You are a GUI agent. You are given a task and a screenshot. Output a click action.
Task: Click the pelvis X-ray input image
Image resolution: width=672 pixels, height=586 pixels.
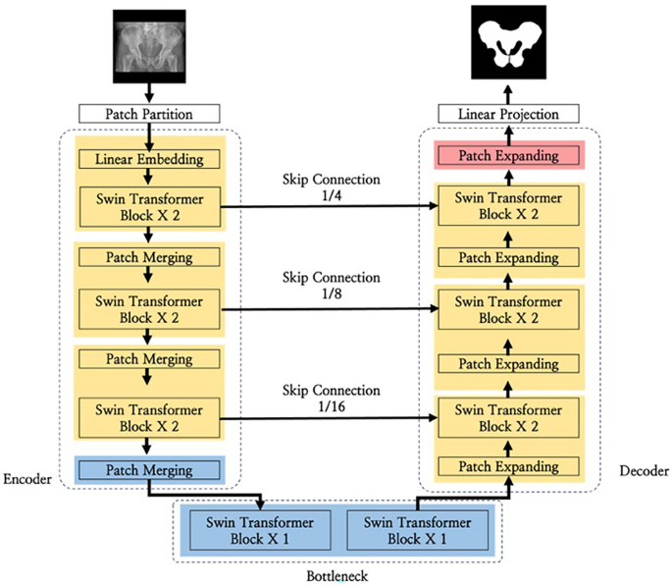(150, 45)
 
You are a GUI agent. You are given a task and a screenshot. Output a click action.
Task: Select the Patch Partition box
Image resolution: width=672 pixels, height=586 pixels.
(150, 114)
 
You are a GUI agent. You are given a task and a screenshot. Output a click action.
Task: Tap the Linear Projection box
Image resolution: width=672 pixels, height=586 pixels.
(509, 115)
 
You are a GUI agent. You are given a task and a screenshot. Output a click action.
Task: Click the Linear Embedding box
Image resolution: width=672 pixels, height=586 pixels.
(150, 159)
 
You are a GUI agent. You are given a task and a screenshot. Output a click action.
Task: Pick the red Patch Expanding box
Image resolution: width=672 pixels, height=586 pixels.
(509, 155)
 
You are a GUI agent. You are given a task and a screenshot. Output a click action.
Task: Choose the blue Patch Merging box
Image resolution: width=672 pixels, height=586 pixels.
(150, 470)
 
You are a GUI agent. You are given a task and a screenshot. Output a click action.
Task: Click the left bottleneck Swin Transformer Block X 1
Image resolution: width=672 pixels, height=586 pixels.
(253, 528)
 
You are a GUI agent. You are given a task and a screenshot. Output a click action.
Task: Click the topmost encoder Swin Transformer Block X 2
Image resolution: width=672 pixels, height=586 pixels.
(150, 207)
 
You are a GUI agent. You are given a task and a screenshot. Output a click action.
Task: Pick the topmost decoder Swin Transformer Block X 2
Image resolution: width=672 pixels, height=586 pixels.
(509, 207)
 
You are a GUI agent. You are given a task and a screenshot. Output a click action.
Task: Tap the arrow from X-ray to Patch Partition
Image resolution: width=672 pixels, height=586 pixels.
(150, 93)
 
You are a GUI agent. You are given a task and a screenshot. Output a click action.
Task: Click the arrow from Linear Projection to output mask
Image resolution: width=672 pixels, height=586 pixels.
(509, 94)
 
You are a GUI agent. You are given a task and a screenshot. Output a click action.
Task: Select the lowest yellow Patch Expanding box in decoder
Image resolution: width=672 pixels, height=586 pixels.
(509, 464)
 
